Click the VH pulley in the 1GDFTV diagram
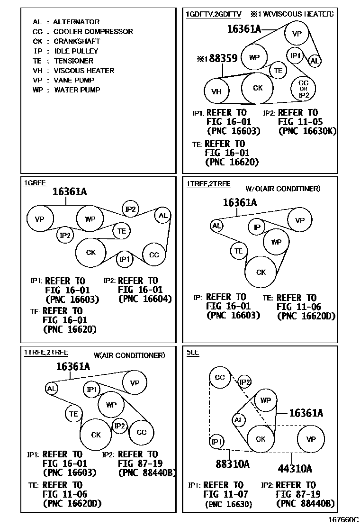point(216,91)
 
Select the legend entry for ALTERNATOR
point(66,22)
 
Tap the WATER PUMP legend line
point(66,90)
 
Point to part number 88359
point(219,59)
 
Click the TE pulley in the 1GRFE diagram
point(122,231)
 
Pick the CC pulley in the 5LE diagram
point(220,378)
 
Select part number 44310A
point(295,469)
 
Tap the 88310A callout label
point(232,464)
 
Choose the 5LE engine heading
point(193,353)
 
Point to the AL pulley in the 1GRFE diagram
point(163,216)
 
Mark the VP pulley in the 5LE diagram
point(311,439)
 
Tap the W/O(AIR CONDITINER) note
point(283,189)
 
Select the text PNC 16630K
point(307,131)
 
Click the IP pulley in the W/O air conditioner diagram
point(257,227)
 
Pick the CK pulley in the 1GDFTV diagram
point(258,88)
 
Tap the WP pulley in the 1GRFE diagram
point(90,218)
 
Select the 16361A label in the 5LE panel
point(306,413)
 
